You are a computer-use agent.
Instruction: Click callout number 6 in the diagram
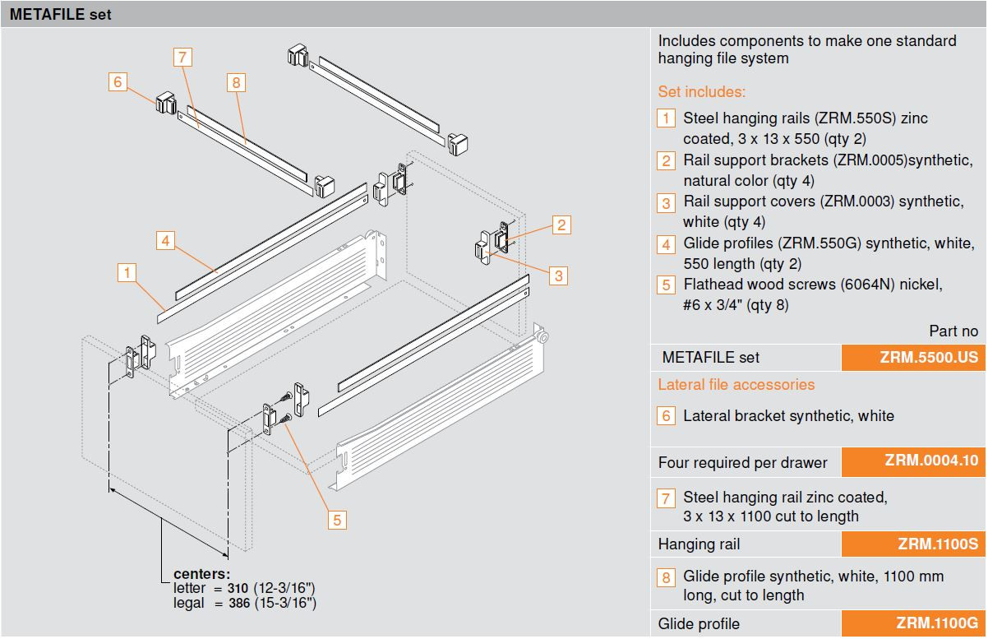[118, 81]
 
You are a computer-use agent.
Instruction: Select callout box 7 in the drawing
[182, 57]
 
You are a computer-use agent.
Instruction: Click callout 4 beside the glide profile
[165, 240]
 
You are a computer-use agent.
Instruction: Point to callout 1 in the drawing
[126, 271]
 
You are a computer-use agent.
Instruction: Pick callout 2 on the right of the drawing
[561, 225]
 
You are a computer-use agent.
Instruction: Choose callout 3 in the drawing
[558, 275]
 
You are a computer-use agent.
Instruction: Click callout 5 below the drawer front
[337, 519]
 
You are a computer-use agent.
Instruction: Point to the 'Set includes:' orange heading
[701, 92]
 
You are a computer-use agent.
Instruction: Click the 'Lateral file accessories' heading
[736, 384]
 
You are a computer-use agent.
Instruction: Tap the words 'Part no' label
[953, 331]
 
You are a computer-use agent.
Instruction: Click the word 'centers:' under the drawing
[202, 574]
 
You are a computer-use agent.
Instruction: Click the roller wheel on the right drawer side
[542, 337]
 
